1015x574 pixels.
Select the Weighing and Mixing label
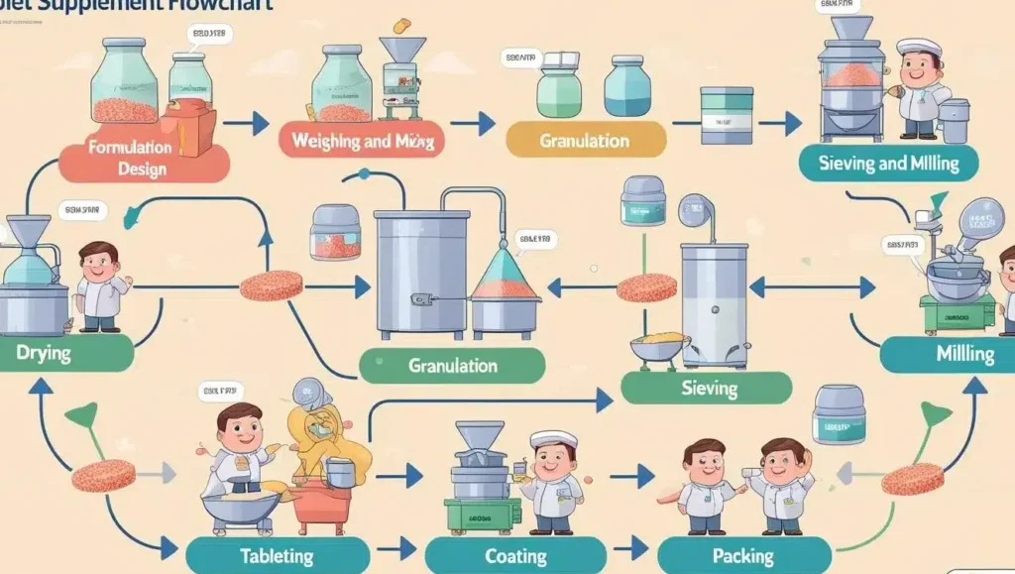click(363, 140)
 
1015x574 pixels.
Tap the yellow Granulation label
click(585, 140)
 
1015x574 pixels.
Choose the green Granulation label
click(452, 365)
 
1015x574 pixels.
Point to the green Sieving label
click(708, 388)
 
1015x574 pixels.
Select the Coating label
click(515, 555)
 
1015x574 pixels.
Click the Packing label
click(743, 555)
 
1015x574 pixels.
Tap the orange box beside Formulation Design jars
click(193, 128)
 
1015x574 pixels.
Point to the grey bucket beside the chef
click(954, 120)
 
